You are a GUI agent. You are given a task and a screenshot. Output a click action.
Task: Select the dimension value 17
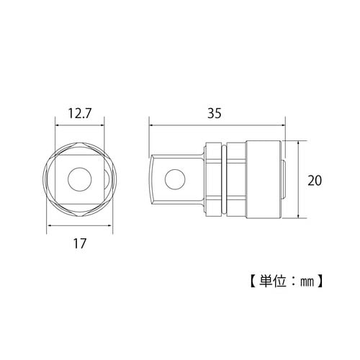point(78,243)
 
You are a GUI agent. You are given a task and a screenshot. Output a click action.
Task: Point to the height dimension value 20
point(314,179)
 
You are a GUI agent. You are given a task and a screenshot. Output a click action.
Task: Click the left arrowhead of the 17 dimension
point(50,225)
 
